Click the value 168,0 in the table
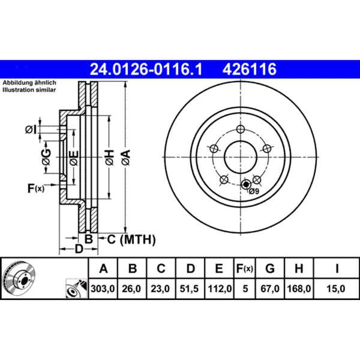click(x=300, y=289)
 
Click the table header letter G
click(x=271, y=268)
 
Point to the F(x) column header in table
click(x=244, y=268)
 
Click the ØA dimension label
click(x=125, y=158)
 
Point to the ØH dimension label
click(x=109, y=158)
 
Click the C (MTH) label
click(x=131, y=240)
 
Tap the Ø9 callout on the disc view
click(x=253, y=191)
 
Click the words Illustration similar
click(x=29, y=89)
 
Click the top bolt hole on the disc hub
click(x=240, y=130)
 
